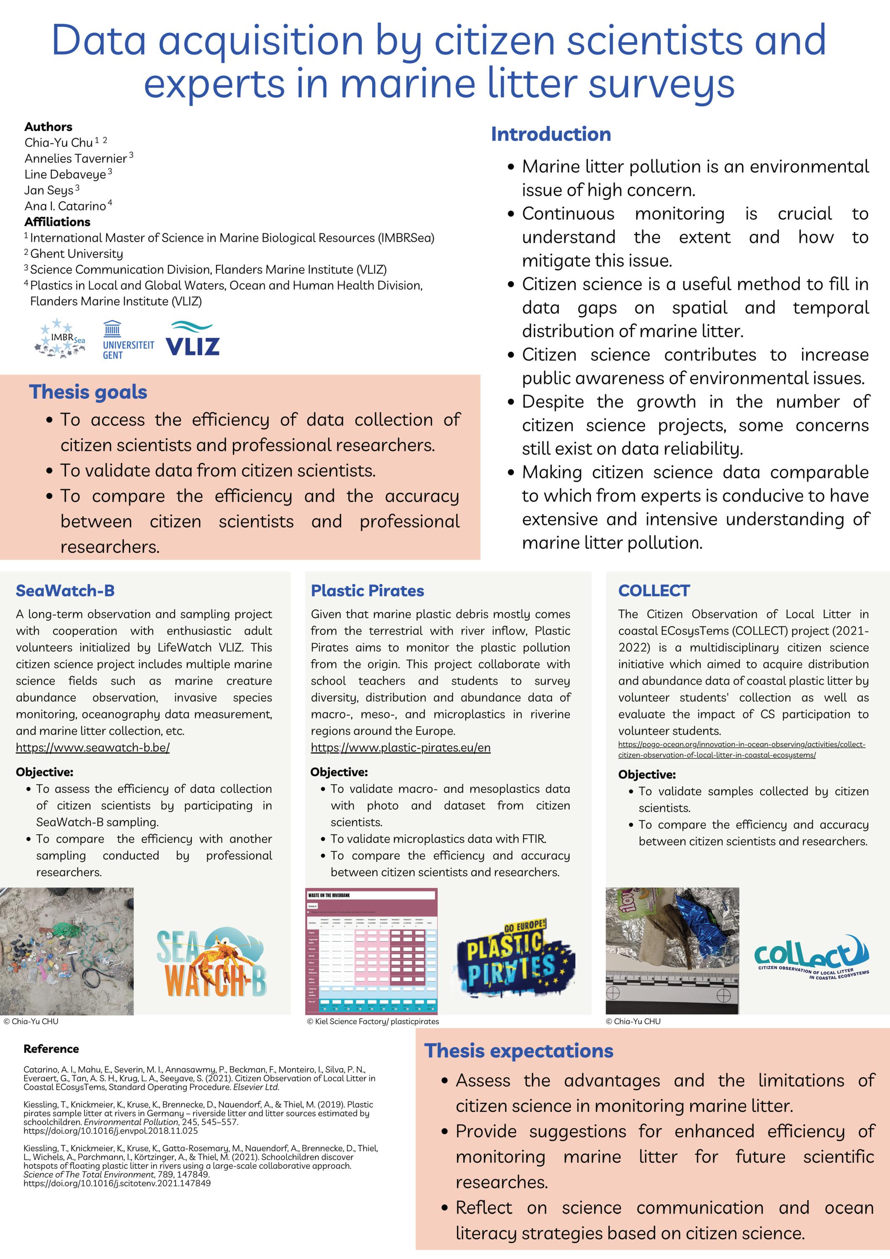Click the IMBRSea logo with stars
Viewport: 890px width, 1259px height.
[x=61, y=339]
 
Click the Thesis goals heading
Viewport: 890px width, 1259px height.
[x=88, y=392]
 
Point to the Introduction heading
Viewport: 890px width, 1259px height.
[x=551, y=134]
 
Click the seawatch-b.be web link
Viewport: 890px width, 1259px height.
[x=93, y=747]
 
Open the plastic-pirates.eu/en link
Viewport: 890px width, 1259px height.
[x=400, y=747]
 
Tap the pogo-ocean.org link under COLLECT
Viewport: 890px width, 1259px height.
[x=741, y=750]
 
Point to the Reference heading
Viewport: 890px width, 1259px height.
[x=51, y=1049]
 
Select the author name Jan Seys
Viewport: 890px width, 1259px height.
[x=48, y=190]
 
